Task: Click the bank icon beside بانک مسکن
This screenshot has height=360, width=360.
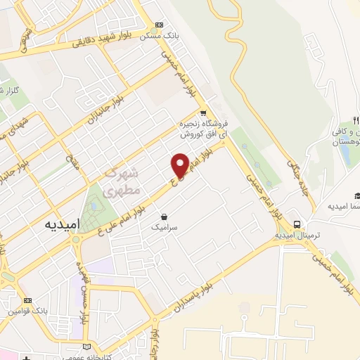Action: point(158,24)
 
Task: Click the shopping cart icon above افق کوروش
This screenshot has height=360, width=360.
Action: point(203,112)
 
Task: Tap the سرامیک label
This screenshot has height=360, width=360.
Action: point(165,227)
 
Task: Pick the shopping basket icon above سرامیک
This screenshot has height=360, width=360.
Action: point(164,216)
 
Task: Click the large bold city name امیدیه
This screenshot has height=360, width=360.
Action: point(63,224)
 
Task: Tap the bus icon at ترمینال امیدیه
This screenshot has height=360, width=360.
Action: point(297,224)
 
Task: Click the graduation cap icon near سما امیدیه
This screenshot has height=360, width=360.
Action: point(357,196)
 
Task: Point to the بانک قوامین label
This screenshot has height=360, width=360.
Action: point(28,311)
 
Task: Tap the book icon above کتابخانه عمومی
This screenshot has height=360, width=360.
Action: point(87,347)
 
